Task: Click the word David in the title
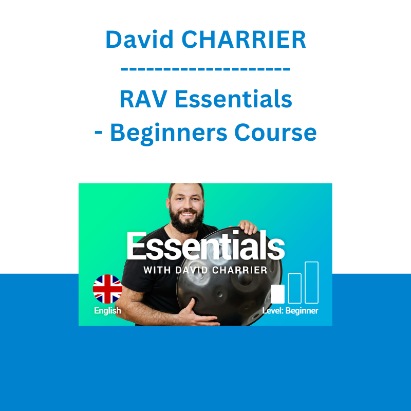139,39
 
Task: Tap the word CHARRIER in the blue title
244,40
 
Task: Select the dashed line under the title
206,69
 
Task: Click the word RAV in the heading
143,99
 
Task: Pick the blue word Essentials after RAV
233,99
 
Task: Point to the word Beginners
169,134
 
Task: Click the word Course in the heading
275,133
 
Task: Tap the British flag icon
107,289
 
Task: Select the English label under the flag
107,311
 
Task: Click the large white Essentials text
206,246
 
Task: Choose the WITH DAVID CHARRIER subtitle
205,270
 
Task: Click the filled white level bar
277,294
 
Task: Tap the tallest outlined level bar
312,283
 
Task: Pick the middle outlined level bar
294,288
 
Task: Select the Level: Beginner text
290,311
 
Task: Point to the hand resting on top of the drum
247,227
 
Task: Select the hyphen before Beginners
99,134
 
